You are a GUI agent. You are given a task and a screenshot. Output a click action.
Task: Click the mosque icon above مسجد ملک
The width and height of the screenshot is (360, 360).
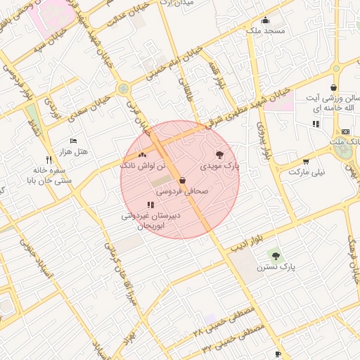click(265, 20)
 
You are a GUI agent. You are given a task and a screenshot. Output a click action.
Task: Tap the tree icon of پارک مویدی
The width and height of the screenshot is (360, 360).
click(219, 154)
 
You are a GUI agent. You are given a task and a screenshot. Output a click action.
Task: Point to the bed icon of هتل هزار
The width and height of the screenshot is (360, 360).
click(73, 141)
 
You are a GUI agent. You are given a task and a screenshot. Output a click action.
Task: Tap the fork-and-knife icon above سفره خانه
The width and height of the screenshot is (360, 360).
click(49, 160)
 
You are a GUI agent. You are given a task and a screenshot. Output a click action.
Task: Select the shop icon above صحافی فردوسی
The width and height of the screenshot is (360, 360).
click(182, 180)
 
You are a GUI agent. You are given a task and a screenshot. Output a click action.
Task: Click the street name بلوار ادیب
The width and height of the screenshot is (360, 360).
click(247, 239)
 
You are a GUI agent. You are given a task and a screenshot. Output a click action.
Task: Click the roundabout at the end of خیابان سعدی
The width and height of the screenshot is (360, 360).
click(124, 89)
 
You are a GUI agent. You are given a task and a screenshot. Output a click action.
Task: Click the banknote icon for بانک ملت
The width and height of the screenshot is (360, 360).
click(345, 131)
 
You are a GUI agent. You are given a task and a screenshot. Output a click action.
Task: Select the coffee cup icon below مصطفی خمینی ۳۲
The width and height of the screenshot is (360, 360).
click(278, 354)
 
